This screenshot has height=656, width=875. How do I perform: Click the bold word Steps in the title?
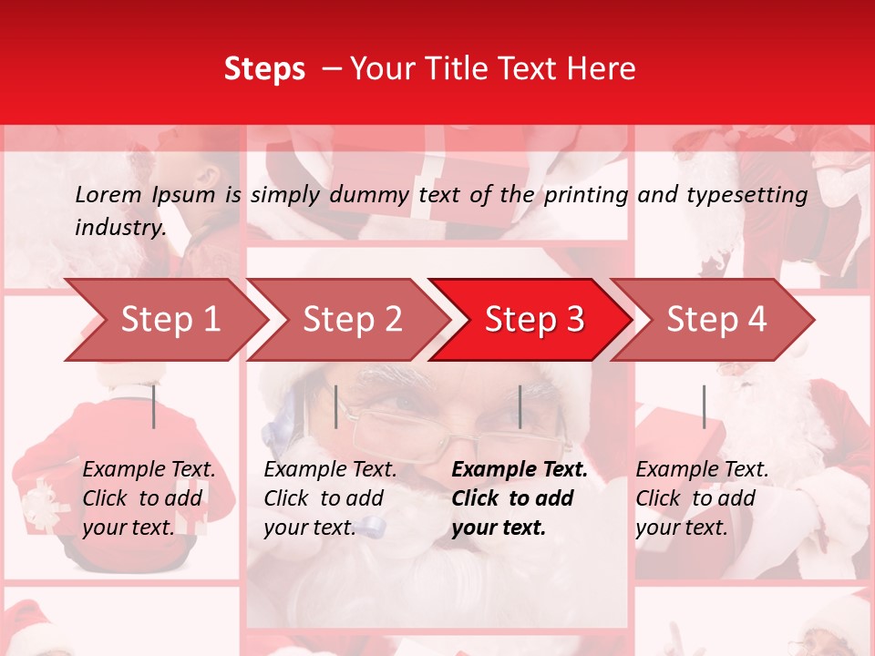coord(264,69)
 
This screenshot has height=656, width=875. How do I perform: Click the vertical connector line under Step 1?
coord(154,406)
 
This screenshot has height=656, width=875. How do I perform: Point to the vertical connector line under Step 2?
coord(336,406)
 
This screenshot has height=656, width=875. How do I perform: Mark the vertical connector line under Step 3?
coord(520,406)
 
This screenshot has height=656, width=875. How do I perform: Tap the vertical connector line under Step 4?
coord(704,406)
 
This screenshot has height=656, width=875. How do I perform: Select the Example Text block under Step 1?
coord(149,498)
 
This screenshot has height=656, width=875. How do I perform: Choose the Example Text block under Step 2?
coord(330,498)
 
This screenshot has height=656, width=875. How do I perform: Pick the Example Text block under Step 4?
coord(702,498)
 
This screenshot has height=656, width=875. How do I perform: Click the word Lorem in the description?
coord(108,194)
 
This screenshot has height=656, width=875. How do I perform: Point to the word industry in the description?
coord(119,228)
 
